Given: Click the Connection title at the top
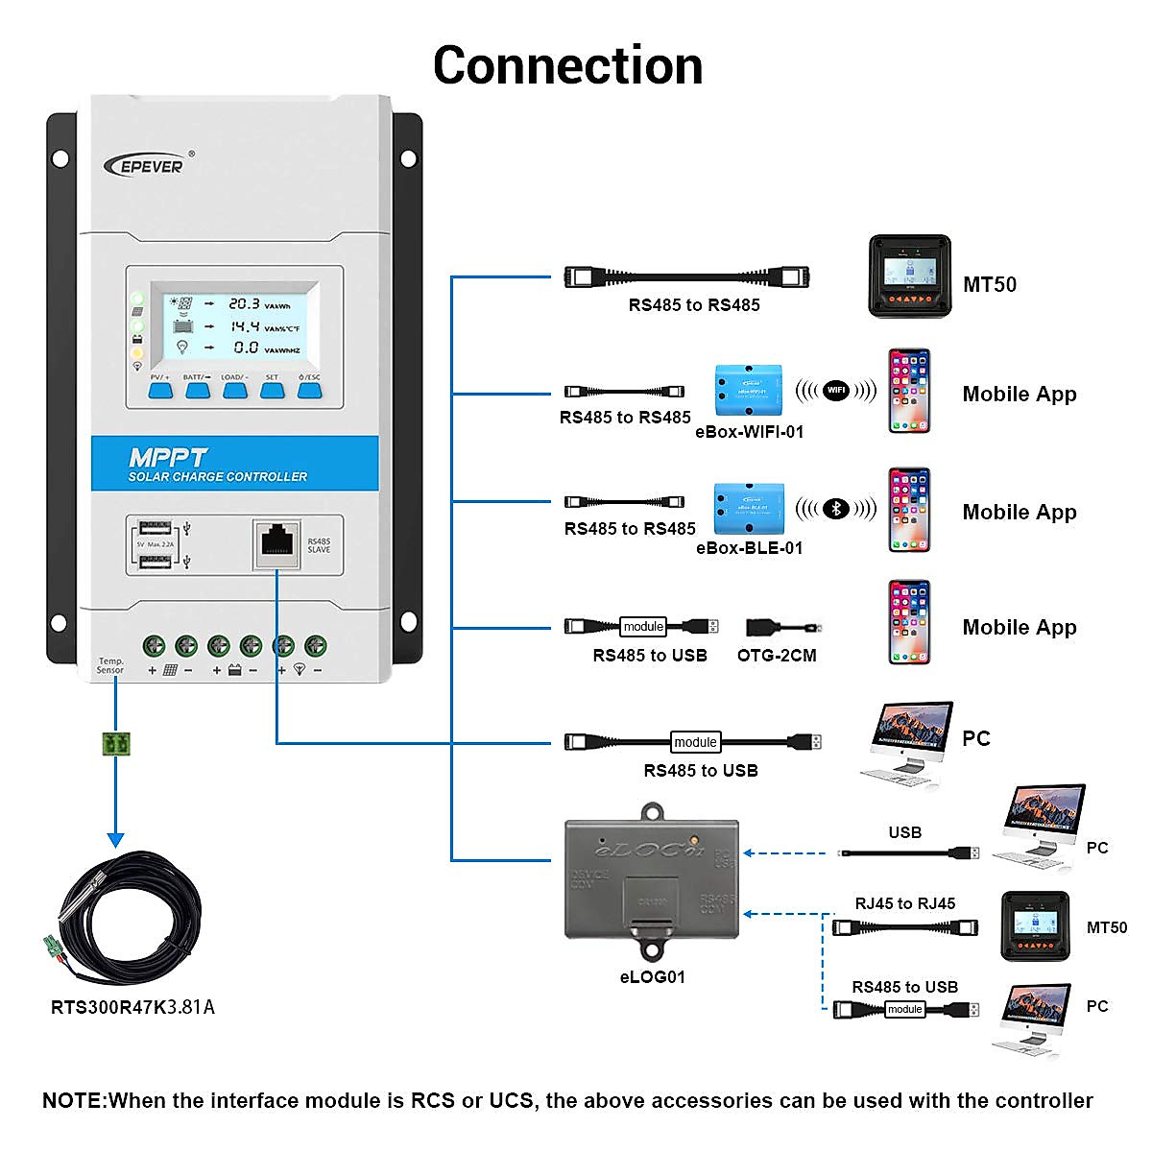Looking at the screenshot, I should (x=567, y=65).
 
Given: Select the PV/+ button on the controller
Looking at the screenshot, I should (x=159, y=389).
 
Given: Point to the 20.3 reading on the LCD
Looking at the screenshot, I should (x=244, y=303).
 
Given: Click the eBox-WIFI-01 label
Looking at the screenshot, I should (x=749, y=432).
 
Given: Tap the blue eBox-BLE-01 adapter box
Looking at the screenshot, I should (x=749, y=508).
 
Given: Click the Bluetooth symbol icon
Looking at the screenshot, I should (x=836, y=509).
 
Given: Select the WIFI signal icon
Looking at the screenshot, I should (x=836, y=390).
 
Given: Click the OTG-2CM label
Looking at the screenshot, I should (x=777, y=656).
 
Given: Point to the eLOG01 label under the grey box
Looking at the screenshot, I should (x=652, y=977).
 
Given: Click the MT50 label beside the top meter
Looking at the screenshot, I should (x=989, y=284).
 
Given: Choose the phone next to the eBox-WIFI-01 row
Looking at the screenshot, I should (x=908, y=391).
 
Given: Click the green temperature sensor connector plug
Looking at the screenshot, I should (x=116, y=742).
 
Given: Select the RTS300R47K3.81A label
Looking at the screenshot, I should (x=132, y=1007).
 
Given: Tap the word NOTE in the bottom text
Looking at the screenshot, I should (x=74, y=1101).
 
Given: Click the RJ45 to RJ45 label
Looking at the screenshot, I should (x=904, y=903).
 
